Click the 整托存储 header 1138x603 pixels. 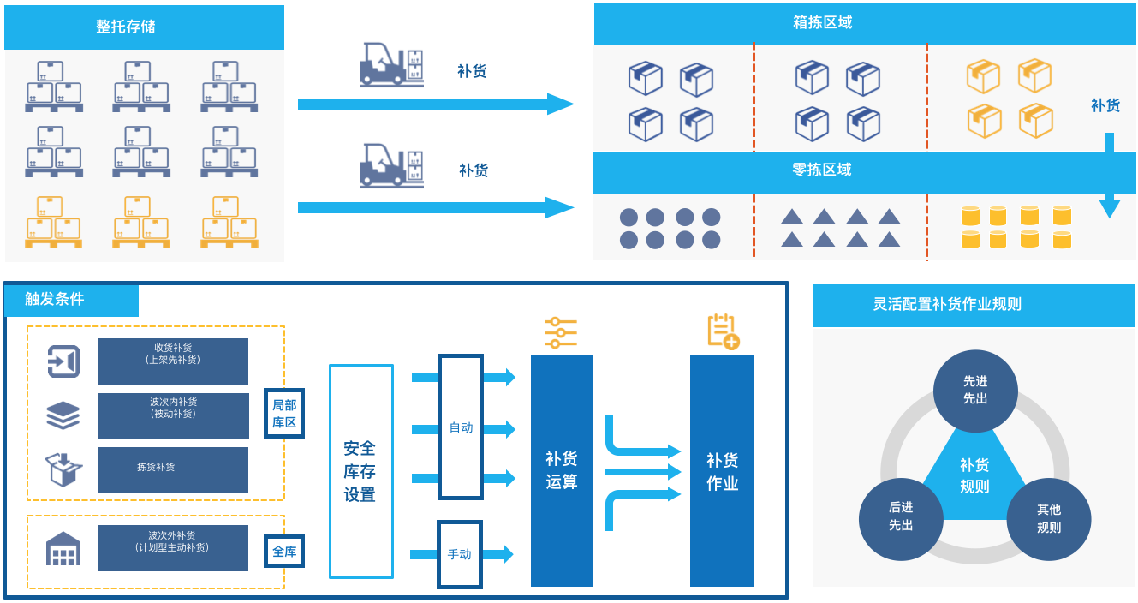click(144, 27)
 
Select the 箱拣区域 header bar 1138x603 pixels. click(865, 23)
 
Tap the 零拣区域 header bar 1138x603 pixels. click(865, 170)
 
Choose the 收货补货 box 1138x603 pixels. click(173, 361)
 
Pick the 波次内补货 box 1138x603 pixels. click(173, 415)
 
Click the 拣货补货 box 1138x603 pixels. click(173, 469)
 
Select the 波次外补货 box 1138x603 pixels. click(173, 547)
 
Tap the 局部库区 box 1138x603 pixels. click(284, 414)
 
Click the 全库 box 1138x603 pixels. click(284, 552)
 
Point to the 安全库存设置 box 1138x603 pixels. click(360, 471)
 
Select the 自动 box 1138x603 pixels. click(461, 427)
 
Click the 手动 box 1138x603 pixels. click(460, 554)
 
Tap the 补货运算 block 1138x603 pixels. click(562, 471)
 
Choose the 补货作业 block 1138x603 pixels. click(722, 471)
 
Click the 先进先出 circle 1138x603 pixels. click(974, 391)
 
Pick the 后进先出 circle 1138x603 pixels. click(901, 518)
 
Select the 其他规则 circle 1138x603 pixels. click(1049, 518)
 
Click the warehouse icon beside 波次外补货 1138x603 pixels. click(63, 549)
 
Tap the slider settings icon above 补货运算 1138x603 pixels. click(561, 332)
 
